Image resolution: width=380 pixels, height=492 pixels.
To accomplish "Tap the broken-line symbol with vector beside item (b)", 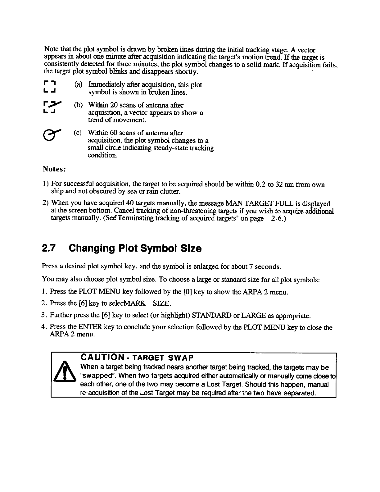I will point(50,108).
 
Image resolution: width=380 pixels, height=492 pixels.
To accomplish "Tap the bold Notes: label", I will point(54,170).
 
